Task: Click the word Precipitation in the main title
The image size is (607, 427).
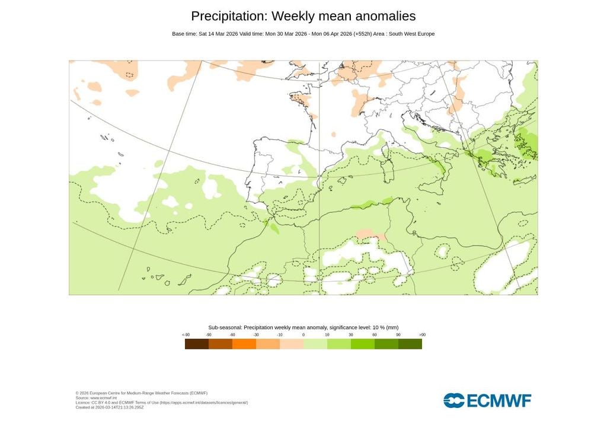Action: pos(229,17)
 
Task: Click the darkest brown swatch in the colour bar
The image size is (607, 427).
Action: pos(197,344)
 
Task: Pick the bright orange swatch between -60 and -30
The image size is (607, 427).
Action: pos(244,344)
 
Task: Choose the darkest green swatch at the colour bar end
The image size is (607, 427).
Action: pos(410,344)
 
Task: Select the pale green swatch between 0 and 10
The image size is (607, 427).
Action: pos(315,344)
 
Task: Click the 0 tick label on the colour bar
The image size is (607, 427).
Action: pos(303,335)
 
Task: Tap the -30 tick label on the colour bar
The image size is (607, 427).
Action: pos(255,335)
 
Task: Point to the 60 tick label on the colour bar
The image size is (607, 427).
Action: pos(375,335)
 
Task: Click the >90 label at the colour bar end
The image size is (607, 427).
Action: pos(422,335)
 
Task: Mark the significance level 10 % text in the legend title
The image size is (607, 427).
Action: pos(362,327)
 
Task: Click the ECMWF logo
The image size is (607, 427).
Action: pos(487,400)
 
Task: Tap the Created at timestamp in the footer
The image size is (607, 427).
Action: pos(110,407)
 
